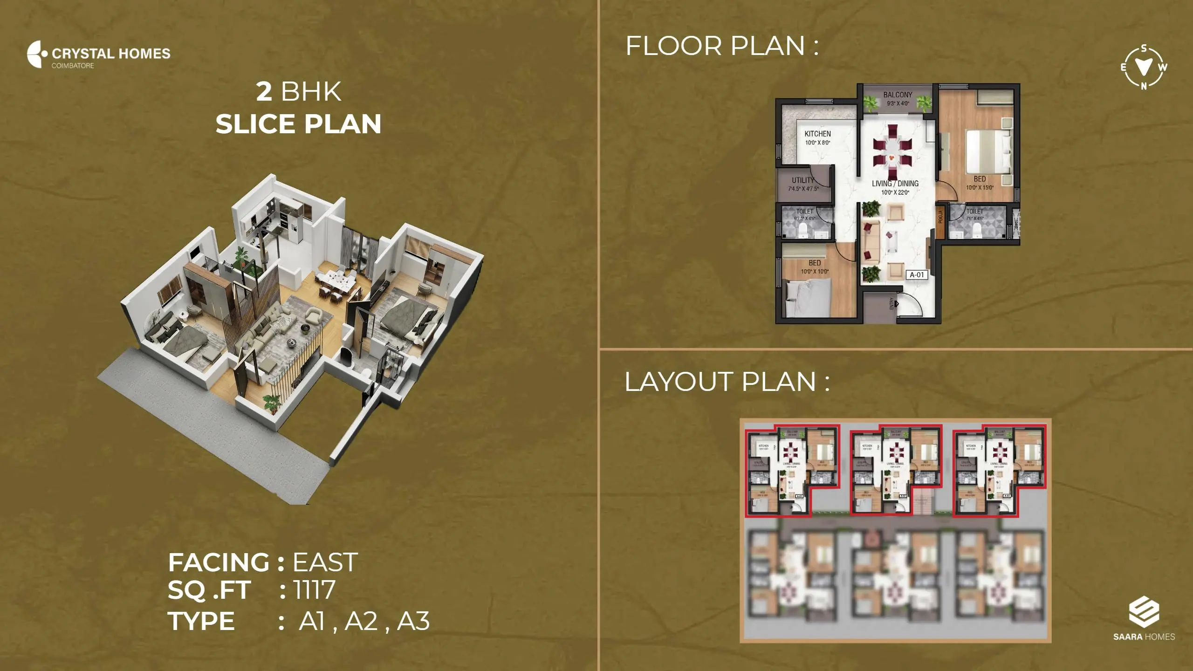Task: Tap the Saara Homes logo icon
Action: tap(1144, 612)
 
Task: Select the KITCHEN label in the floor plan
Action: tap(817, 134)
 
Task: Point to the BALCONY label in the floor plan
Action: tap(898, 95)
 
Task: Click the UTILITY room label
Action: tap(803, 180)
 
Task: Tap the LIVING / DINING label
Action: tap(895, 184)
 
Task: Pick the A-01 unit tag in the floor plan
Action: tap(917, 275)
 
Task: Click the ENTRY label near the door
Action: tap(892, 304)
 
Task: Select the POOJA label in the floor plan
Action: tap(940, 217)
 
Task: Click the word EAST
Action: tap(325, 562)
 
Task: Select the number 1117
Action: tap(315, 590)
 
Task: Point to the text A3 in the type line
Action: tap(413, 621)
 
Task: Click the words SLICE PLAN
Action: tap(298, 124)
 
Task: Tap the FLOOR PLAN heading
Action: tap(721, 46)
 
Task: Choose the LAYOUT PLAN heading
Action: tap(727, 382)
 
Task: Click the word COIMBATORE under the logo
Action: tap(73, 66)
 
